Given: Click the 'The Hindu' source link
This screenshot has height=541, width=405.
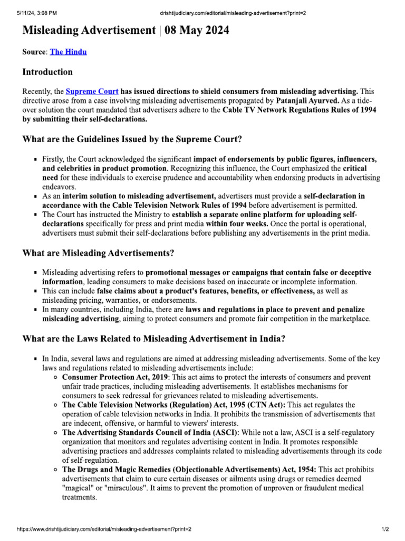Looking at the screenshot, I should coord(68,52).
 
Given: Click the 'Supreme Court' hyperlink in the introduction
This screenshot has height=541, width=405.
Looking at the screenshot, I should coord(92,91).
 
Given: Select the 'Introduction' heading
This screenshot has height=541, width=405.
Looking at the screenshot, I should coord(47,72).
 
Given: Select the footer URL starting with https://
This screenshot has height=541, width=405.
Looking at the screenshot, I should coord(104,529).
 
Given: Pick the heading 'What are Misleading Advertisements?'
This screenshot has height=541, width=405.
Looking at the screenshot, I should coord(98,253).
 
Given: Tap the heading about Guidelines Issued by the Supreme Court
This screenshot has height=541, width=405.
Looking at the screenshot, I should coord(132,139).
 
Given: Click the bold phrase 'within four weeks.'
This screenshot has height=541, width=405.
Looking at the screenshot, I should coord(299,224).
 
